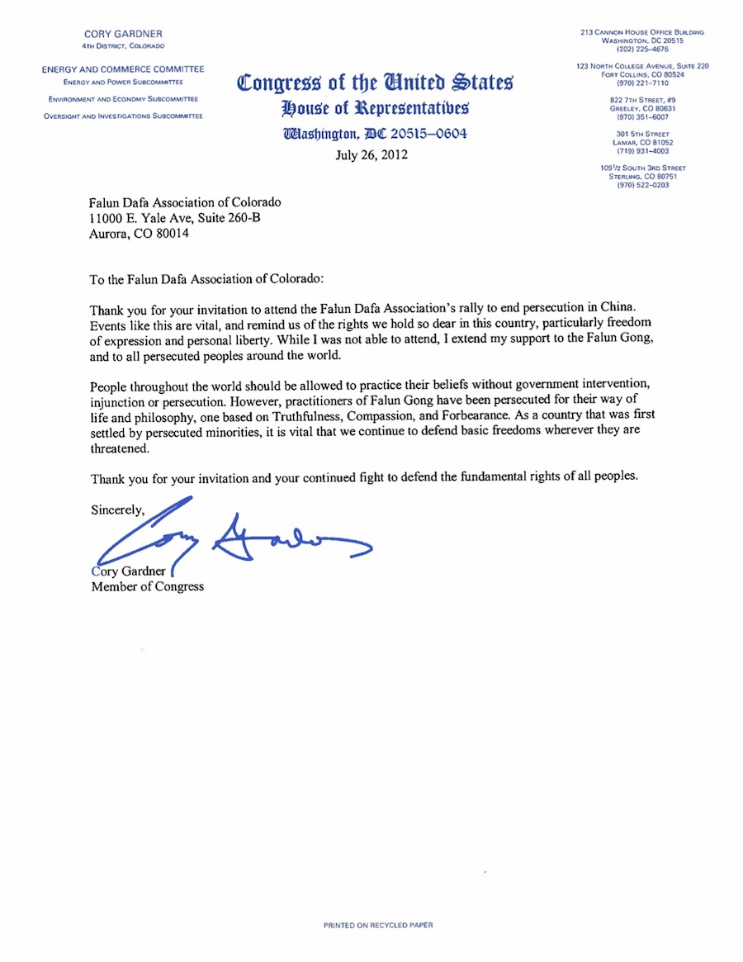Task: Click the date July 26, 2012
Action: [x=371, y=154]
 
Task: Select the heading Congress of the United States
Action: [x=375, y=83]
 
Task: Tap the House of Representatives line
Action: [x=375, y=108]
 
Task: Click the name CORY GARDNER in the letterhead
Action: [x=123, y=34]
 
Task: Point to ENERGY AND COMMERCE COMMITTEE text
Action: [x=123, y=69]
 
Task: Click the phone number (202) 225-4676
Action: [x=641, y=48]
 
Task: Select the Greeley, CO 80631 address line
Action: [x=641, y=108]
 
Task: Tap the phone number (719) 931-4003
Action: [x=641, y=151]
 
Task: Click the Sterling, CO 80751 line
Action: [x=641, y=177]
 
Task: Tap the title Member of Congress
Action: [x=147, y=587]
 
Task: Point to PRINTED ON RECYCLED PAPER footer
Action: [x=377, y=926]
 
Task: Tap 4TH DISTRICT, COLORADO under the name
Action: [x=123, y=45]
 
